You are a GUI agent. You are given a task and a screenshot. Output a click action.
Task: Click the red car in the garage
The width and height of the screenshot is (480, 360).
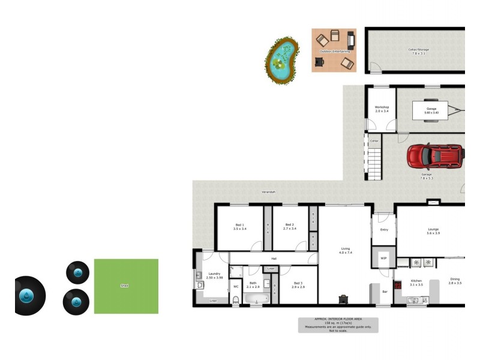click(434, 157)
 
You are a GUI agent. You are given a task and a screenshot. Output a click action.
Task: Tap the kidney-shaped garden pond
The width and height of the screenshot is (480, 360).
click(281, 60)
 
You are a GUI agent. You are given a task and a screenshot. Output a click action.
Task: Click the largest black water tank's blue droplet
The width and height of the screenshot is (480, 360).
click(26, 296)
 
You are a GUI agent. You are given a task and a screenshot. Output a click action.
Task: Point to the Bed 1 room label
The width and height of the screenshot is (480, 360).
click(239, 224)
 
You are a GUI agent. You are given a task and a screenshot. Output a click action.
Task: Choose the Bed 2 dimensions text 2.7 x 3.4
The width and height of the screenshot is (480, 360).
click(289, 229)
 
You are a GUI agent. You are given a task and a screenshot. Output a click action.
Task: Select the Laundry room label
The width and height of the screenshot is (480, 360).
click(214, 274)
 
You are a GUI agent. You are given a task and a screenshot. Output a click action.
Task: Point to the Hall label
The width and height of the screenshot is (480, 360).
click(273, 259)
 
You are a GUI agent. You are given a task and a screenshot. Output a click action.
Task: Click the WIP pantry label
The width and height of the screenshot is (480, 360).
click(383, 258)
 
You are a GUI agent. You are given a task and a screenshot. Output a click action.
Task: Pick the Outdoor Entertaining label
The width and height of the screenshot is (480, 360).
click(335, 52)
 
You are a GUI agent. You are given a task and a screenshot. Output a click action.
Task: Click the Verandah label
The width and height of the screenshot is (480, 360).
click(268, 192)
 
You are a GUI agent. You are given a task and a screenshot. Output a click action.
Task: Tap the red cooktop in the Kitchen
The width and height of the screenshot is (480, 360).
click(398, 285)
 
